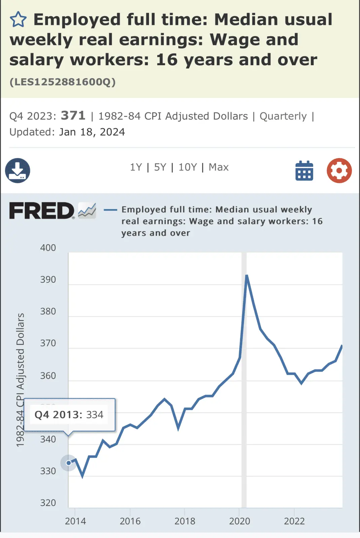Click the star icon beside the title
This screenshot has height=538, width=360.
18,20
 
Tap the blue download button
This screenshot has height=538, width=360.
17,170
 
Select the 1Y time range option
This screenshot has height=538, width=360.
136,167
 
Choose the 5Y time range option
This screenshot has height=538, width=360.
160,167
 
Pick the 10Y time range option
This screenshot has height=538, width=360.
187,167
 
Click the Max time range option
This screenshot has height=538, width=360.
219,167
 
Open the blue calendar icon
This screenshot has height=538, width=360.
304,170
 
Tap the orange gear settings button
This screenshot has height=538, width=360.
339,170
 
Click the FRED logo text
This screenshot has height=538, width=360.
42,211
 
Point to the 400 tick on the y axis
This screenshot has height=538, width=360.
48,248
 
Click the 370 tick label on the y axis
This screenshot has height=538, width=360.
48,343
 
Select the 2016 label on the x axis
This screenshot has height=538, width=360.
130,521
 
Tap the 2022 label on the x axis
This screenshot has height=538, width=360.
294,521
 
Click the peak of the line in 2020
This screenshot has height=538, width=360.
247,276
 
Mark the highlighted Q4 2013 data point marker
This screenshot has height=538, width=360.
69,463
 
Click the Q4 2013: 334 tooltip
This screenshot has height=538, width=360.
69,415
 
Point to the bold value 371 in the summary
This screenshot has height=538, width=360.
73,116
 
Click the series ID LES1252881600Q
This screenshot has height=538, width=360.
63,82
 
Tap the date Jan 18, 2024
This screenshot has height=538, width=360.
92,132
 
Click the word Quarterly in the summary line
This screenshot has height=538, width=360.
283,116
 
